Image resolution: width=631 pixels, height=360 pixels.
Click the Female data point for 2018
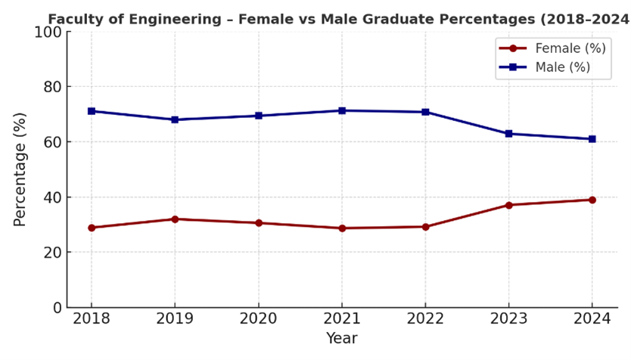(92, 228)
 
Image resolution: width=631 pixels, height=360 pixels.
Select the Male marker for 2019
(175, 119)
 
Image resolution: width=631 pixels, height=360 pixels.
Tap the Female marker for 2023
(508, 205)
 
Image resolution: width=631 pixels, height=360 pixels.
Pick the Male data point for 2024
(592, 139)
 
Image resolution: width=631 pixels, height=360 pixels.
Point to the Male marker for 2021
(342, 110)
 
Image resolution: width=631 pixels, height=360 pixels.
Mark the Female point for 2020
(259, 223)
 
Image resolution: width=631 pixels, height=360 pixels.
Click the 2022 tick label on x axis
(425, 319)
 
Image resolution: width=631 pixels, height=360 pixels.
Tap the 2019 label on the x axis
(175, 319)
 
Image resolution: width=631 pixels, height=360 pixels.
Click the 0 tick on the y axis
(56, 308)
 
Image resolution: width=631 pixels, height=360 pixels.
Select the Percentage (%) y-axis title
(20, 169)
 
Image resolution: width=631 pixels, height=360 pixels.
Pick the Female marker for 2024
(592, 200)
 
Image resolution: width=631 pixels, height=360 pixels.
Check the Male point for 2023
(508, 134)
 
